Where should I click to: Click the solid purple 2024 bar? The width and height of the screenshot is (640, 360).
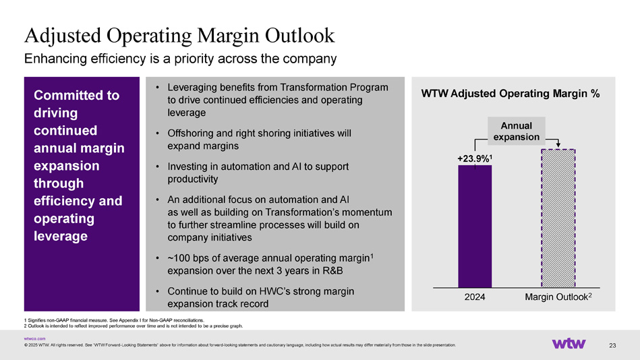pos(475,226)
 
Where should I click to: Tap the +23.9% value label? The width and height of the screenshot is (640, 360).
pos(475,158)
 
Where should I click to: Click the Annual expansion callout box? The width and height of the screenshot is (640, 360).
pos(517,131)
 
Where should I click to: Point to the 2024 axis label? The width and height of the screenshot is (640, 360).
pos(475,297)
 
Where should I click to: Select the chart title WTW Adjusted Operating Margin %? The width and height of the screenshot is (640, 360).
pos(511,94)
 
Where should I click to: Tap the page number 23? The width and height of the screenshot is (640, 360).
pos(612,346)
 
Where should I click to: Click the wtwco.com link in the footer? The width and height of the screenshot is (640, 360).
pos(34,338)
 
